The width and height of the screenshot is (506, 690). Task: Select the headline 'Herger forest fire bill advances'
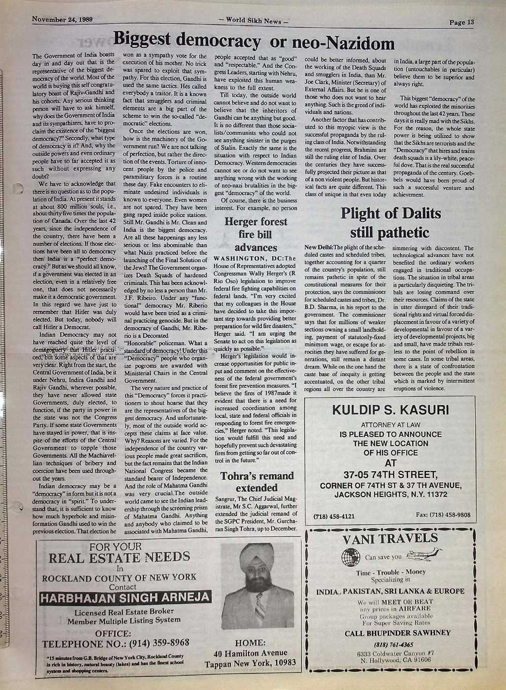[x=256, y=234]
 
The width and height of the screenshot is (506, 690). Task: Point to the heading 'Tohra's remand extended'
[x=257, y=482]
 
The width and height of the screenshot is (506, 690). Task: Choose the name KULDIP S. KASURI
[x=390, y=410]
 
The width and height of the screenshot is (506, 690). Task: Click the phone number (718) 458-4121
[x=334, y=516]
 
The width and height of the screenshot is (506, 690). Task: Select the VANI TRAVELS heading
[x=390, y=538]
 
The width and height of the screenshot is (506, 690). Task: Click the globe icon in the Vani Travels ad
[x=350, y=557]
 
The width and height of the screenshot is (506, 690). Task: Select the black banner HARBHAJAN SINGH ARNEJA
[x=124, y=598]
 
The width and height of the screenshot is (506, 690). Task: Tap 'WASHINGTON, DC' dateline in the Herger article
[x=245, y=259]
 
